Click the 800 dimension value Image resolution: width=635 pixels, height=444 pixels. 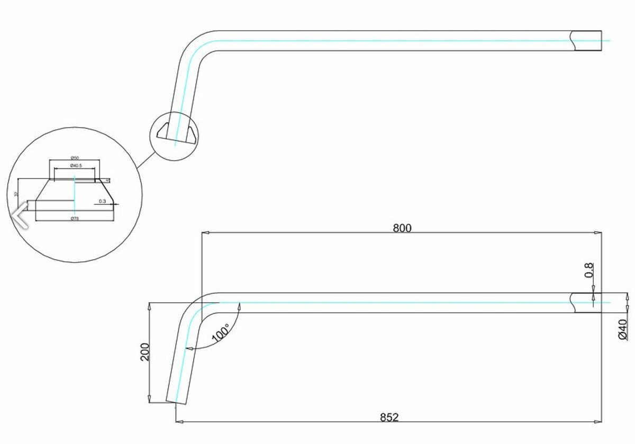click(402, 228)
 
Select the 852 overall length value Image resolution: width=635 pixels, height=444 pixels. click(388, 418)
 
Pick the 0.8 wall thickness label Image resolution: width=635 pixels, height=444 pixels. click(589, 270)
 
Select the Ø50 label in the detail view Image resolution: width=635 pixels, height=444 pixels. click(75, 158)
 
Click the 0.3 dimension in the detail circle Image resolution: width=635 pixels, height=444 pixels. click(103, 201)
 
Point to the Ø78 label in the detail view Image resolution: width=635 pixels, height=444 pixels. click(75, 218)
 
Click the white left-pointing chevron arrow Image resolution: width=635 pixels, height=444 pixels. click(20, 214)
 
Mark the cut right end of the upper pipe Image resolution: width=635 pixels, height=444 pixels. click(587, 41)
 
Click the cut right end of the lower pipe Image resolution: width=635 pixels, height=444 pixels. click(587, 303)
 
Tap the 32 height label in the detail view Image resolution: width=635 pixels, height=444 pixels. click(16, 194)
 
